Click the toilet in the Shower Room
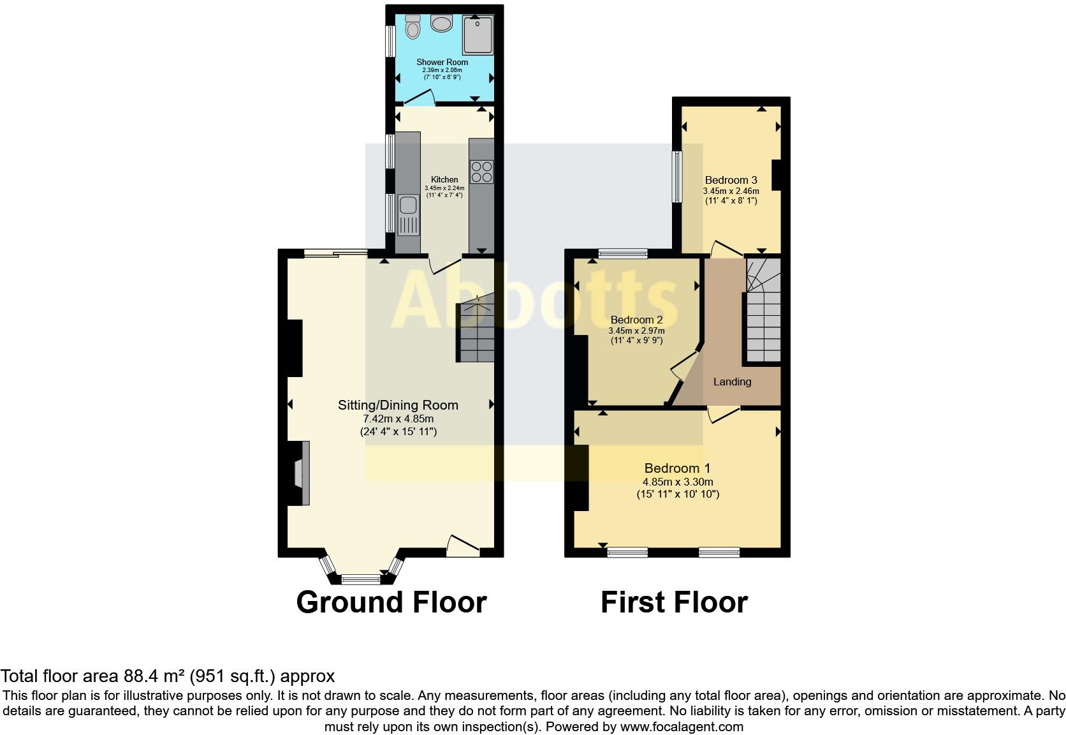(x=413, y=27)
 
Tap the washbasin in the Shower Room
(x=441, y=23)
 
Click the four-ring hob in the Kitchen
(x=481, y=171)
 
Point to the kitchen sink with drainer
(x=408, y=214)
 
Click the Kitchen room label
(x=444, y=179)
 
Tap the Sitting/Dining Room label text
(x=398, y=405)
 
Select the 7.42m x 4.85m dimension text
(x=398, y=419)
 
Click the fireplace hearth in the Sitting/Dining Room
(x=301, y=473)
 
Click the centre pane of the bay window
(x=360, y=579)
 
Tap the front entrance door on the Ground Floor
(x=464, y=546)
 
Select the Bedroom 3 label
(x=731, y=180)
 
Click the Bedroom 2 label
(x=636, y=320)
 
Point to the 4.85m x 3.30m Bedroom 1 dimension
(x=678, y=482)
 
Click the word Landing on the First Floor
(x=732, y=382)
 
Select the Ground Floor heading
(x=391, y=602)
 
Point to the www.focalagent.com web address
(x=681, y=726)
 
